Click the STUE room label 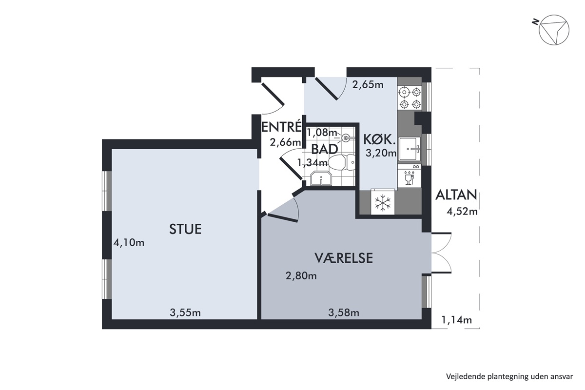tap(185, 229)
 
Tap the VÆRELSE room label tap(343, 258)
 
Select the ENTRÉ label tap(282, 127)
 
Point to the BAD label tap(325, 149)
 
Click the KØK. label tap(378, 140)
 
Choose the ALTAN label tap(456, 195)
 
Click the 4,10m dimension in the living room tap(129, 243)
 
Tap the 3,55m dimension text tap(185, 312)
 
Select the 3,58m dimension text tap(344, 312)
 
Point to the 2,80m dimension tap(301, 276)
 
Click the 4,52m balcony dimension tap(462, 211)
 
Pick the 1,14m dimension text tap(456, 320)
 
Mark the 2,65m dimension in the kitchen tap(368, 85)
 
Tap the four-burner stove tap(410, 98)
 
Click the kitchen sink tap(409, 149)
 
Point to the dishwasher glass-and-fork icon tap(409, 178)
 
